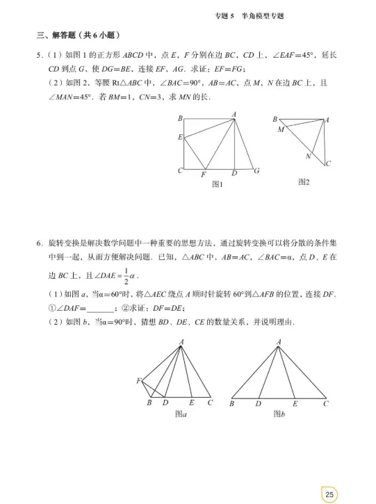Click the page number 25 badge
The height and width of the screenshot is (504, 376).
(x=330, y=493)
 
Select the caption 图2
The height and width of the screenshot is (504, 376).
(x=303, y=182)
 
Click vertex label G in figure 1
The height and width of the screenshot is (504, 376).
(x=256, y=170)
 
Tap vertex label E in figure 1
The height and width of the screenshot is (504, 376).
(x=180, y=137)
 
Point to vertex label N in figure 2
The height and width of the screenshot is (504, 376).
(x=308, y=156)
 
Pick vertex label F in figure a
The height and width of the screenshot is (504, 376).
(x=139, y=380)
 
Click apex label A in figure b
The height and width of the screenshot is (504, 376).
(x=279, y=341)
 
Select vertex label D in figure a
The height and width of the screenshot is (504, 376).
(x=165, y=403)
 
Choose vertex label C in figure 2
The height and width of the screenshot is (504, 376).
(x=328, y=164)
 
